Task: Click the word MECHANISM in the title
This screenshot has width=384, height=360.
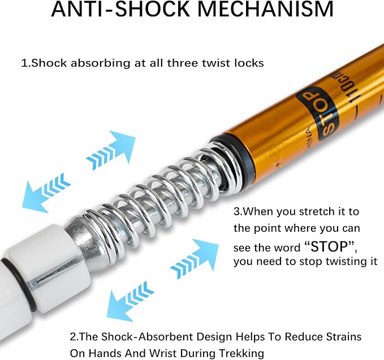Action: [265, 9]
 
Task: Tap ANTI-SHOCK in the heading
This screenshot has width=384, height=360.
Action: [120, 9]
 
